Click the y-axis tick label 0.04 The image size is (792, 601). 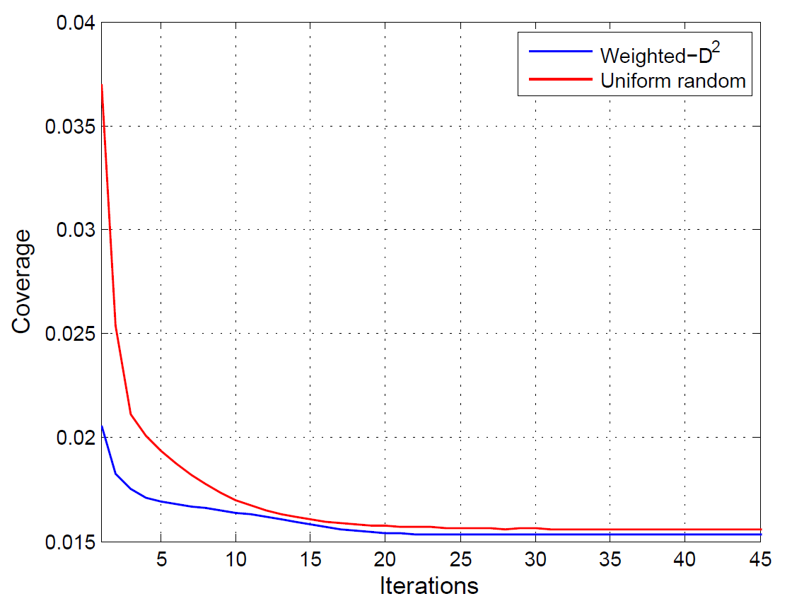pyautogui.click(x=76, y=23)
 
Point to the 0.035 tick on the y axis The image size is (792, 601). pyautogui.click(x=70, y=127)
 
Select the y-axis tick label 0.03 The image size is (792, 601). pyautogui.click(x=76, y=230)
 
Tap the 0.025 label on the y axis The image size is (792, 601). pyautogui.click(x=70, y=334)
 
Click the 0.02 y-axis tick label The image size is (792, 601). pyautogui.click(x=76, y=438)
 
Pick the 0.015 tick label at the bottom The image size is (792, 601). pyautogui.click(x=70, y=542)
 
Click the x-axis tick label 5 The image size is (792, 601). pyautogui.click(x=161, y=559)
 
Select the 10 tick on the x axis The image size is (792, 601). pyautogui.click(x=236, y=559)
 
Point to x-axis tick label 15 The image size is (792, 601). pyautogui.click(x=310, y=559)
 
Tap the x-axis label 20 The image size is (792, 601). pyautogui.click(x=385, y=559)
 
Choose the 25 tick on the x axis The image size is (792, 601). pyautogui.click(x=460, y=559)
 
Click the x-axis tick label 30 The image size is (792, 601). pyautogui.click(x=535, y=559)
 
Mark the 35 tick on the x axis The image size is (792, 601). pyautogui.click(x=610, y=559)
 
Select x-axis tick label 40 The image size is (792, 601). pyautogui.click(x=685, y=559)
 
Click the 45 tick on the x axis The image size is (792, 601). pyautogui.click(x=759, y=559)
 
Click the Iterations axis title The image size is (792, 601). pyautogui.click(x=429, y=586)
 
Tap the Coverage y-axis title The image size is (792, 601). pyautogui.click(x=22, y=282)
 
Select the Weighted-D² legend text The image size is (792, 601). pyautogui.click(x=660, y=54)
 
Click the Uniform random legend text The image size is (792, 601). pyautogui.click(x=672, y=81)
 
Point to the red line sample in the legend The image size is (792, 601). pyautogui.click(x=560, y=79)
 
